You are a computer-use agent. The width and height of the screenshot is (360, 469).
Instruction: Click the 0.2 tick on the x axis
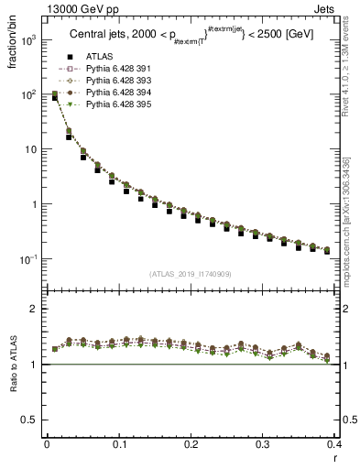coord(191,444)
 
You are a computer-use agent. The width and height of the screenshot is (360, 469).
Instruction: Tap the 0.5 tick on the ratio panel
coord(32,420)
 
